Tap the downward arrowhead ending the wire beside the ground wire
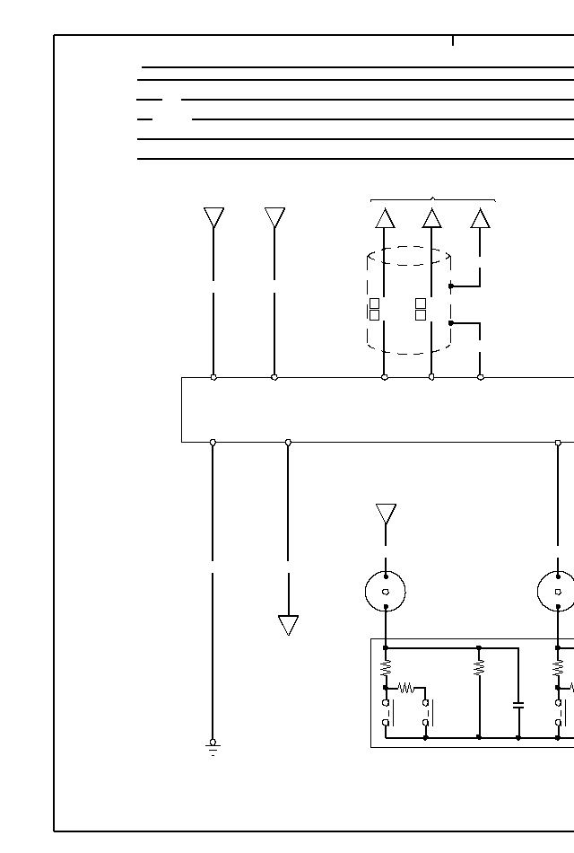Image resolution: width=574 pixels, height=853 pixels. [288, 625]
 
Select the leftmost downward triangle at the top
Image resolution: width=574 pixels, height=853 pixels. [213, 217]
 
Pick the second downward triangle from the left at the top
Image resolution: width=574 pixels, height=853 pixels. [274, 217]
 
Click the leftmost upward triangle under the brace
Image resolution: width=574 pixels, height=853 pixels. [385, 218]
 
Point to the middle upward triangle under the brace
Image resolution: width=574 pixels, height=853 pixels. [431, 218]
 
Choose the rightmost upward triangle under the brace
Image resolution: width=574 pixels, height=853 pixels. [480, 218]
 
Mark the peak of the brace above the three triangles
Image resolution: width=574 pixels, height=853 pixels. [433, 198]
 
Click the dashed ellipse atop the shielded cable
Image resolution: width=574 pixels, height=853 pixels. [409, 256]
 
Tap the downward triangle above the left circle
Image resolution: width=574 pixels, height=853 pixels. [386, 514]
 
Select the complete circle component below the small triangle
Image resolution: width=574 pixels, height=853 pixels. [386, 592]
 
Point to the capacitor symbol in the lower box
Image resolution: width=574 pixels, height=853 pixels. [518, 706]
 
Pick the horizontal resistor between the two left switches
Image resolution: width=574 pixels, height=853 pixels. [405, 688]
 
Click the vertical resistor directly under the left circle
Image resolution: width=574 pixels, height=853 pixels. [386, 668]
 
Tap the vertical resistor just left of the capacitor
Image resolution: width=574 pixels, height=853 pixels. [479, 668]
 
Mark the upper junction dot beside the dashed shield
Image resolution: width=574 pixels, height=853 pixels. [450, 286]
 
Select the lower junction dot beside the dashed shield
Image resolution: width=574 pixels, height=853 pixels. [450, 322]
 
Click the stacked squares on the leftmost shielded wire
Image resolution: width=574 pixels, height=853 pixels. [374, 309]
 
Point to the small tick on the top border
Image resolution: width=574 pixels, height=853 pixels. [453, 40]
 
